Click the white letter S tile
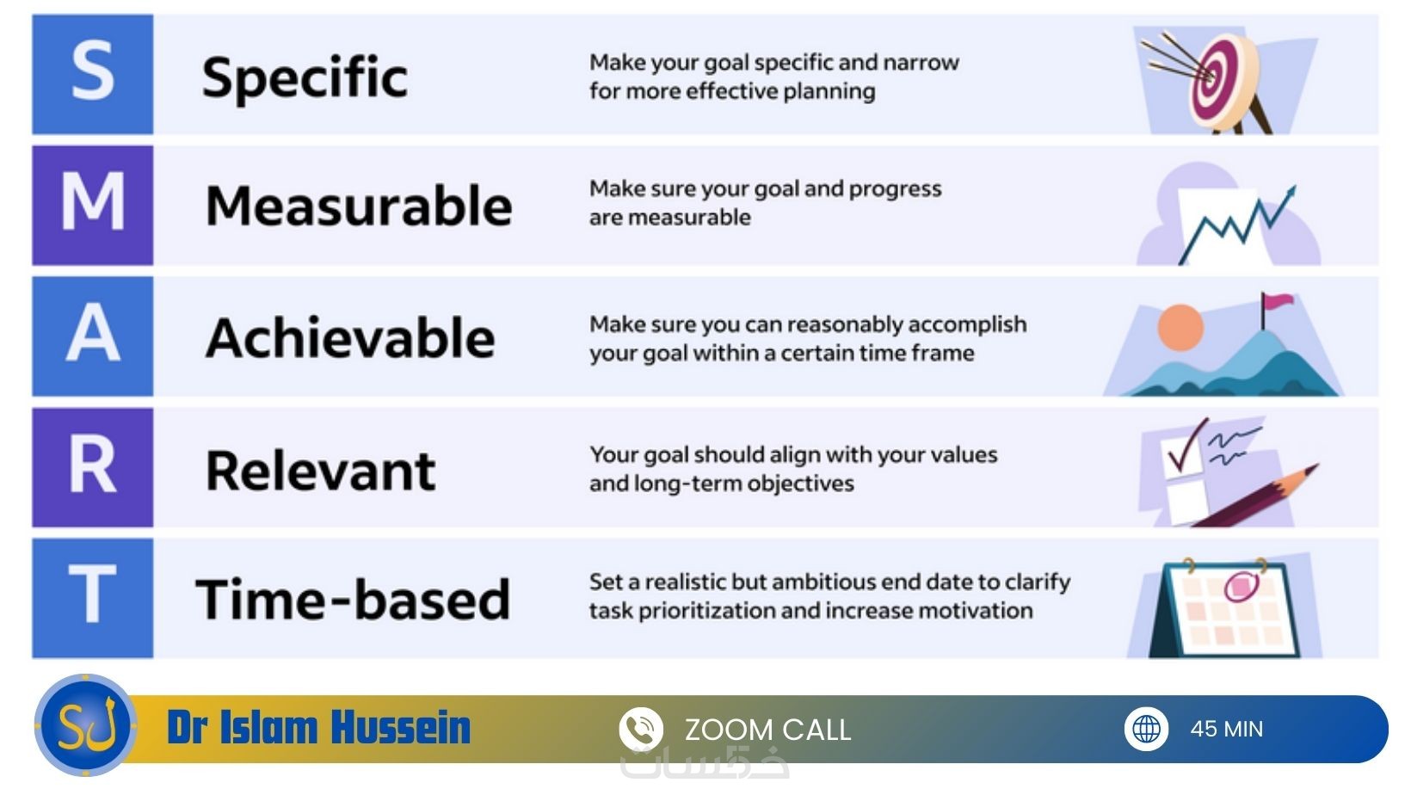point(93,74)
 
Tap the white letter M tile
point(93,205)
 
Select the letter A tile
point(93,336)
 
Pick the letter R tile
point(93,467)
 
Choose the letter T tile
point(93,598)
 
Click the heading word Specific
point(305,79)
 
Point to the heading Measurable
point(359,206)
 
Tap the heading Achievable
point(350,337)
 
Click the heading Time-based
point(353,599)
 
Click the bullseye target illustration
point(1223,81)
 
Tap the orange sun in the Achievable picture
point(1180,328)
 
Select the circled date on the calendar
point(1241,587)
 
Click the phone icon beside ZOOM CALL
point(641,729)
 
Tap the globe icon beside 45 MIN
point(1146,729)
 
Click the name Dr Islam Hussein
point(318,728)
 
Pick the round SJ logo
point(86,725)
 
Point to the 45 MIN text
point(1226,729)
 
